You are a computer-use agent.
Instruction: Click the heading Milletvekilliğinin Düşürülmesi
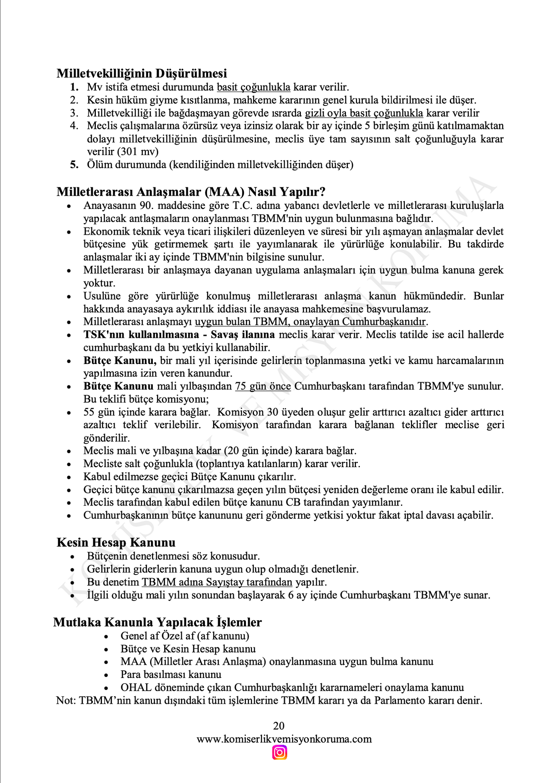(142, 73)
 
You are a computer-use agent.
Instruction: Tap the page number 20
(279, 726)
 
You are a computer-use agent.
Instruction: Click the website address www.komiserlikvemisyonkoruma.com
(284, 739)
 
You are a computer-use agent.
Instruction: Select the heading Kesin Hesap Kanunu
(116, 543)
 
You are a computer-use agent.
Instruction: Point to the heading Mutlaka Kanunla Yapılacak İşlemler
(157, 622)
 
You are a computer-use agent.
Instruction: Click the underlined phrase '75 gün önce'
(263, 386)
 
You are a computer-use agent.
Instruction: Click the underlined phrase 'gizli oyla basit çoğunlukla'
(364, 113)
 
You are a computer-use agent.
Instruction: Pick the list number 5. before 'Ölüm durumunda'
(74, 165)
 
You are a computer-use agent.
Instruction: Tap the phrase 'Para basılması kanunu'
(171, 674)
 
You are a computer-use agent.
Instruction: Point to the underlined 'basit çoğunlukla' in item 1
(254, 87)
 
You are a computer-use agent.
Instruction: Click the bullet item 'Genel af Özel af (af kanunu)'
(185, 636)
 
